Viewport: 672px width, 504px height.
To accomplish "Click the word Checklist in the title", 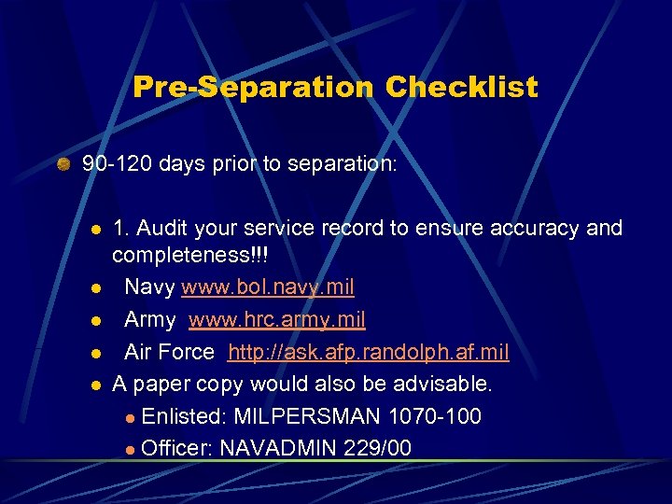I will pyautogui.click(x=461, y=88).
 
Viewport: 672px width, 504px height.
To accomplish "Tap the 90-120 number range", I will pyautogui.click(x=118, y=164).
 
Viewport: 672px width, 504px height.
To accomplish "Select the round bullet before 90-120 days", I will pyautogui.click(x=63, y=165).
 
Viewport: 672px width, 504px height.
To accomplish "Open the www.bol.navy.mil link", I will pyautogui.click(x=268, y=287).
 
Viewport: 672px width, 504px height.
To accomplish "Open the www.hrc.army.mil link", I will pyautogui.click(x=276, y=319).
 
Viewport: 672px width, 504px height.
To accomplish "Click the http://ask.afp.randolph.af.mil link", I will pyautogui.click(x=369, y=352).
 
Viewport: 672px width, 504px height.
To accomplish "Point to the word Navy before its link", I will pyautogui.click(x=149, y=287).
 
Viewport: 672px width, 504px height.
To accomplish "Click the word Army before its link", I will pyautogui.click(x=150, y=319).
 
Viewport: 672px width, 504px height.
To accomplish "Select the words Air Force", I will pyautogui.click(x=169, y=352).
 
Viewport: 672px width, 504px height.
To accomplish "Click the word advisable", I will pyautogui.click(x=446, y=384).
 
